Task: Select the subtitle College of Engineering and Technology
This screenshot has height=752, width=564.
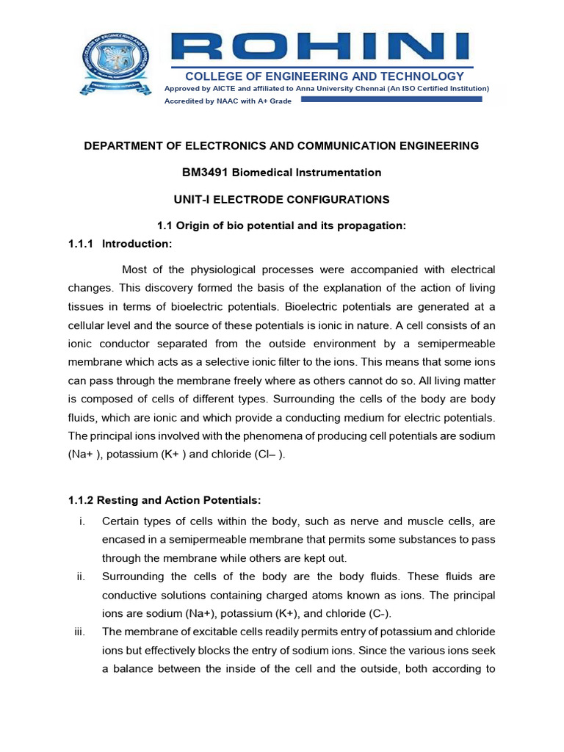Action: coord(324,76)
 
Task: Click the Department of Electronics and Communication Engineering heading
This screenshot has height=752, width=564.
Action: coord(281,146)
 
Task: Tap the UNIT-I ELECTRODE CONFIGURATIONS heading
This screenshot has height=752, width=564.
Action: coord(281,200)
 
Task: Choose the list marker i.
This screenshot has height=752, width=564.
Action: coord(83,521)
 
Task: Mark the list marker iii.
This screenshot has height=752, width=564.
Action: coord(82,632)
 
